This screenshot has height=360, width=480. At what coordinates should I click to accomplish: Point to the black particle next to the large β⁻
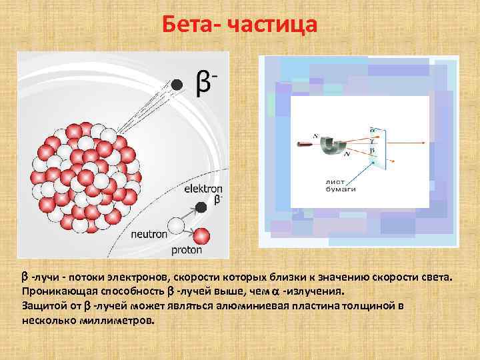point(177,85)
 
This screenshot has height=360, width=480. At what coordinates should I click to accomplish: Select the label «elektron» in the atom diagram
point(205,189)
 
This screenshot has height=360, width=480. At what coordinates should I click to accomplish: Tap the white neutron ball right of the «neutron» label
point(177,225)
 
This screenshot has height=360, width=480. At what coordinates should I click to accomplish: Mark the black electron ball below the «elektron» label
point(201,208)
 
